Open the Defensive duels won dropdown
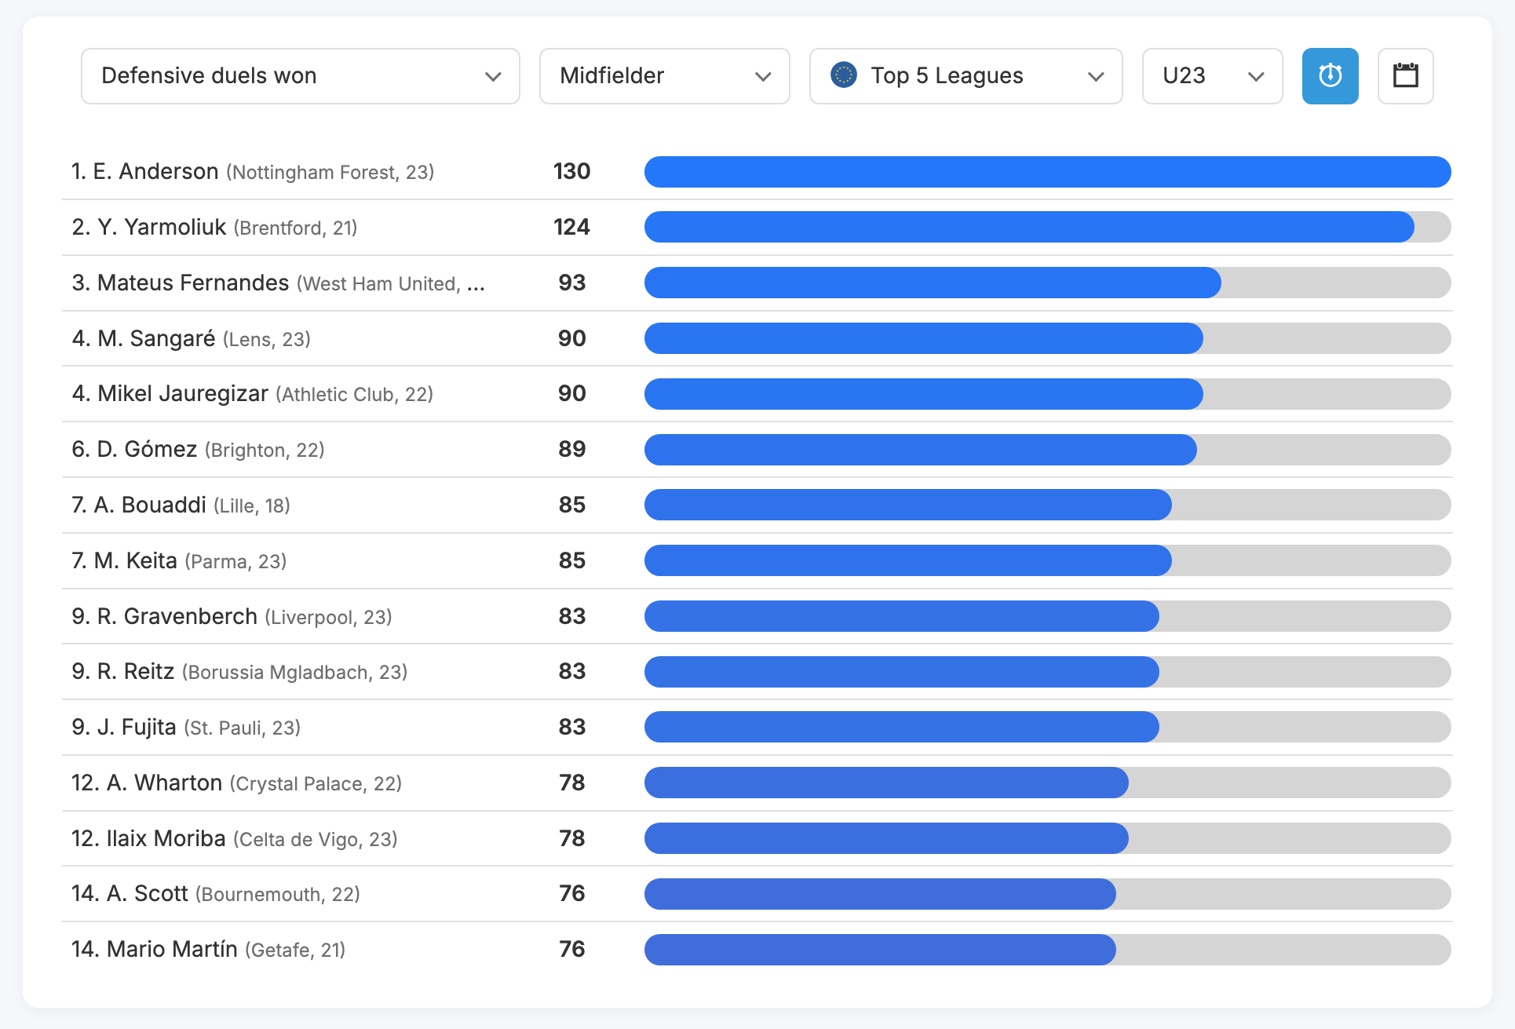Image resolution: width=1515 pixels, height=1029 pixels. pos(300,76)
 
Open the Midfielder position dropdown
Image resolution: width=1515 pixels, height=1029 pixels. pos(664,76)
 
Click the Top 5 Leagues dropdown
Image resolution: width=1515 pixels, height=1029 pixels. pos(966,76)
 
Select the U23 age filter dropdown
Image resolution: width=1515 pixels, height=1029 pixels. pos(1211,76)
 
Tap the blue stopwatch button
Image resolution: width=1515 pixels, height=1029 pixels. pos(1330,76)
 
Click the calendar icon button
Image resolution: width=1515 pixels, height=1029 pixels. pos(1405,76)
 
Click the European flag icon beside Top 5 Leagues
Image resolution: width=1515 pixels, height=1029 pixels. pos(844,75)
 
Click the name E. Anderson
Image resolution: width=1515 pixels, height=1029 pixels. pos(155,172)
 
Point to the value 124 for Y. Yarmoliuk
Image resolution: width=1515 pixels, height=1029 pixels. pos(571,228)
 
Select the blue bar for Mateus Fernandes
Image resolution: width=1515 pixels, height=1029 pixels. pos(932,283)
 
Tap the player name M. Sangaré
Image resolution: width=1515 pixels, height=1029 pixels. pos(156,339)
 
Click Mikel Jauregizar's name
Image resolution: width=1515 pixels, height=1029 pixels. pos(183,394)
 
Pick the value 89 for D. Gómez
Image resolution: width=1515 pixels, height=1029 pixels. pos(571,450)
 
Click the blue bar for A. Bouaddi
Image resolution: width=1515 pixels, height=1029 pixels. pos(907,505)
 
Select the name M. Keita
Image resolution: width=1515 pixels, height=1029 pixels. pos(136,561)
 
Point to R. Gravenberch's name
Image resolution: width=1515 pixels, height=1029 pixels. pos(177,617)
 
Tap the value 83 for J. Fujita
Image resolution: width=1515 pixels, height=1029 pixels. pos(571,728)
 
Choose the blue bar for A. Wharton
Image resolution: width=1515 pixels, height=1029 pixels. pos(886,783)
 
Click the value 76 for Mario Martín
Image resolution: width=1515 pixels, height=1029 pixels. pos(571,950)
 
